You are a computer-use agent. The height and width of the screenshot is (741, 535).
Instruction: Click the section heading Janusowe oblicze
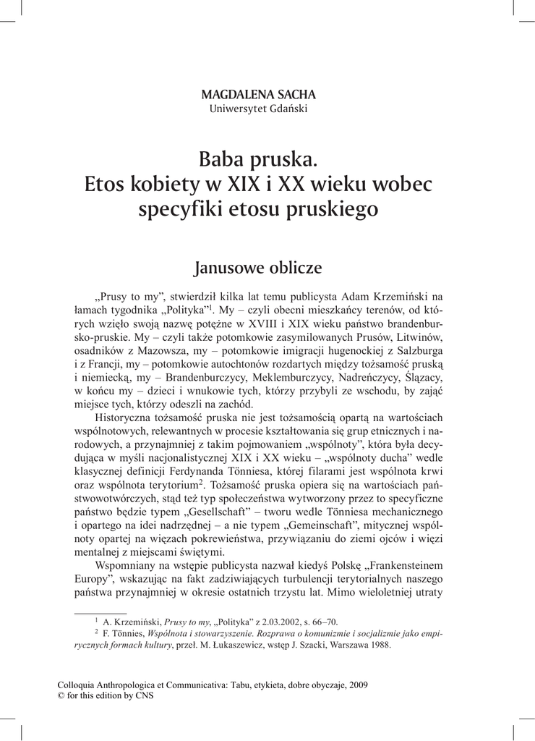coord(258,268)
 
